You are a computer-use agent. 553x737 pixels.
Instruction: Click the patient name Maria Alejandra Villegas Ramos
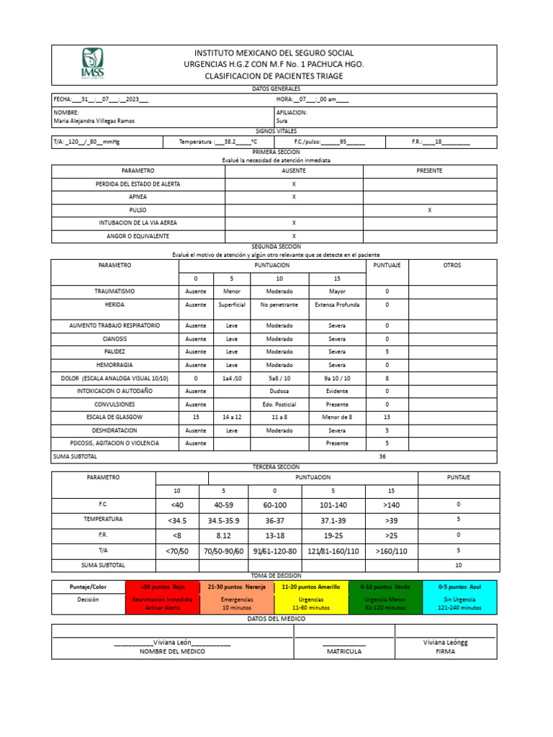pyautogui.click(x=94, y=121)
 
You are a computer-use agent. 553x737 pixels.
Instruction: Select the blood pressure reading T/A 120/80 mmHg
pyautogui.click(x=87, y=143)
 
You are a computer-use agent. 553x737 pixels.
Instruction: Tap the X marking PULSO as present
pyautogui.click(x=429, y=210)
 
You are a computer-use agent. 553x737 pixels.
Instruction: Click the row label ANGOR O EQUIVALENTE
pyautogui.click(x=138, y=236)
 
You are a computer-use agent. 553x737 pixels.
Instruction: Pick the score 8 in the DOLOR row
pyautogui.click(x=387, y=377)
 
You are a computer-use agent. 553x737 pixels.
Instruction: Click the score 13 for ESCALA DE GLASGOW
pyautogui.click(x=387, y=417)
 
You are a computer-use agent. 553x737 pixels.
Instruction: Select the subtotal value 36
pyautogui.click(x=382, y=456)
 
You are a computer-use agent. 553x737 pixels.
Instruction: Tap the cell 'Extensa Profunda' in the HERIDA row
pyautogui.click(x=336, y=304)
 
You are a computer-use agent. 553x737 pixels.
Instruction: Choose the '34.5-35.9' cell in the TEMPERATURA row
pyautogui.click(x=224, y=519)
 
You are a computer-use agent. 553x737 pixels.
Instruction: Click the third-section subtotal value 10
pyautogui.click(x=458, y=565)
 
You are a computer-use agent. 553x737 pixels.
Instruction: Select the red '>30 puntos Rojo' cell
pyautogui.click(x=162, y=587)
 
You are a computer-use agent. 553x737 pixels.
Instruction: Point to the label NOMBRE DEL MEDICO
pyautogui.click(x=172, y=651)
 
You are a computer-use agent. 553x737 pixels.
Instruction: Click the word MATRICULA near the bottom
pyautogui.click(x=344, y=651)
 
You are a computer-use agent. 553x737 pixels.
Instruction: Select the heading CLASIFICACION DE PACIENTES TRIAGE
pyautogui.click(x=274, y=76)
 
